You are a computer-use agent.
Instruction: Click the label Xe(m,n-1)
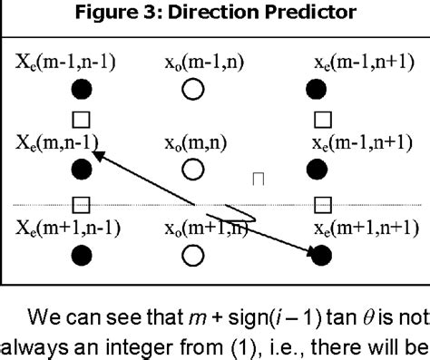coord(56,142)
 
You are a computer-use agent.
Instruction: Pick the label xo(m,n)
coord(193,142)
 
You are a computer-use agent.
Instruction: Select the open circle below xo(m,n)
coord(192,170)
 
